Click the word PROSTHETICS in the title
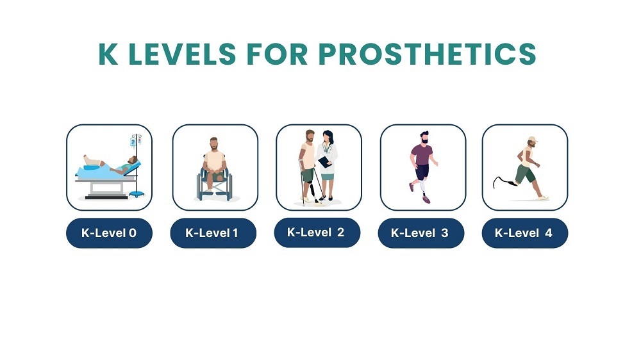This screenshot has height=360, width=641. (427, 54)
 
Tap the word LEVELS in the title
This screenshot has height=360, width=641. (182, 54)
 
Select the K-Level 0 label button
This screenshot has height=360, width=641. (109, 233)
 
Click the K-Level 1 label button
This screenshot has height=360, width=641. (213, 233)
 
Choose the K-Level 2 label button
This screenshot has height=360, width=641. (317, 233)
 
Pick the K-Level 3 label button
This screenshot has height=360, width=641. (420, 233)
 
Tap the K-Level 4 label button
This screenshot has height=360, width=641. (524, 233)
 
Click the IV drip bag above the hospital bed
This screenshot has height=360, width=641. (133, 142)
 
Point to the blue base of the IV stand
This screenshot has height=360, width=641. (137, 193)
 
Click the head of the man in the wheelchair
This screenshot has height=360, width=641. (214, 144)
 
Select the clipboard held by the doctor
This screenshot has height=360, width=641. (324, 162)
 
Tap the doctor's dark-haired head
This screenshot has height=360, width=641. (328, 136)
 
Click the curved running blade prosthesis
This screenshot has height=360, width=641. (503, 182)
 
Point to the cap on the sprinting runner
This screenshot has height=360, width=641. (532, 140)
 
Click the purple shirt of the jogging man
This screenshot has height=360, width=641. (422, 154)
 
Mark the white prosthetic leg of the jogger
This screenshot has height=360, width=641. (422, 186)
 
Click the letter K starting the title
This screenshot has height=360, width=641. (108, 54)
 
